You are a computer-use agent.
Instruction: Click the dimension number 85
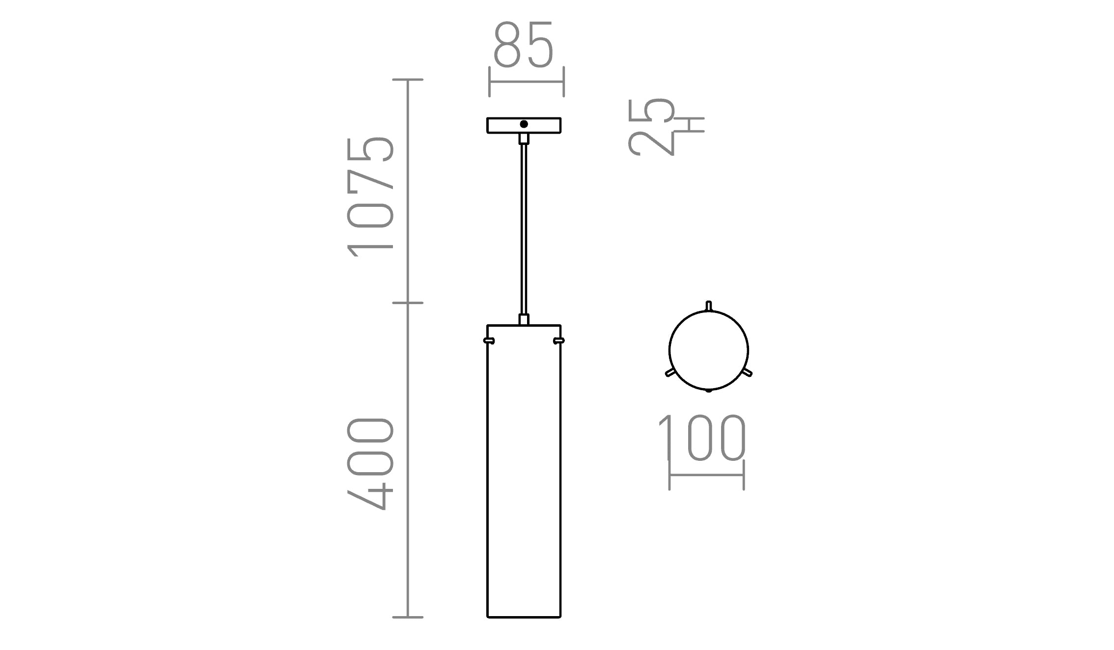[x=524, y=45]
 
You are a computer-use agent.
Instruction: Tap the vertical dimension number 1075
[x=371, y=197]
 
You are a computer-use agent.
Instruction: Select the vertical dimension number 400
[x=371, y=464]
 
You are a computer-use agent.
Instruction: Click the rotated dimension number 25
[x=651, y=127]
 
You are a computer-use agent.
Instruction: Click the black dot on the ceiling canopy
[x=524, y=124]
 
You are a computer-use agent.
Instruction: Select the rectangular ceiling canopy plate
[x=501, y=126]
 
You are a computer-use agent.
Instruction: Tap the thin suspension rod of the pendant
[x=524, y=226]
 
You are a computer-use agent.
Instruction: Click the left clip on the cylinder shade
[x=489, y=340]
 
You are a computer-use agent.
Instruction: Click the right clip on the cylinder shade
[x=558, y=340]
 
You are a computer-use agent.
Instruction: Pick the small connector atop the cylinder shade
[x=524, y=320]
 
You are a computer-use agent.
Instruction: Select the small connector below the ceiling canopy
[x=524, y=138]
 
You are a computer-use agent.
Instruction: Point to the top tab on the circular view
[x=708, y=306]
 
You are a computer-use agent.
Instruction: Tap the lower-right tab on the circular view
[x=747, y=373]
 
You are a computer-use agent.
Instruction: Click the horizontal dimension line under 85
[x=527, y=82]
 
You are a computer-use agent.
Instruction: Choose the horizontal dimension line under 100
[x=707, y=475]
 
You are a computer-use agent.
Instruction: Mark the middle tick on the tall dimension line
[x=408, y=303]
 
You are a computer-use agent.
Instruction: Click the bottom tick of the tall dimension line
[x=408, y=617]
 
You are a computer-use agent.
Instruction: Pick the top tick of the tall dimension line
[x=408, y=80]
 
